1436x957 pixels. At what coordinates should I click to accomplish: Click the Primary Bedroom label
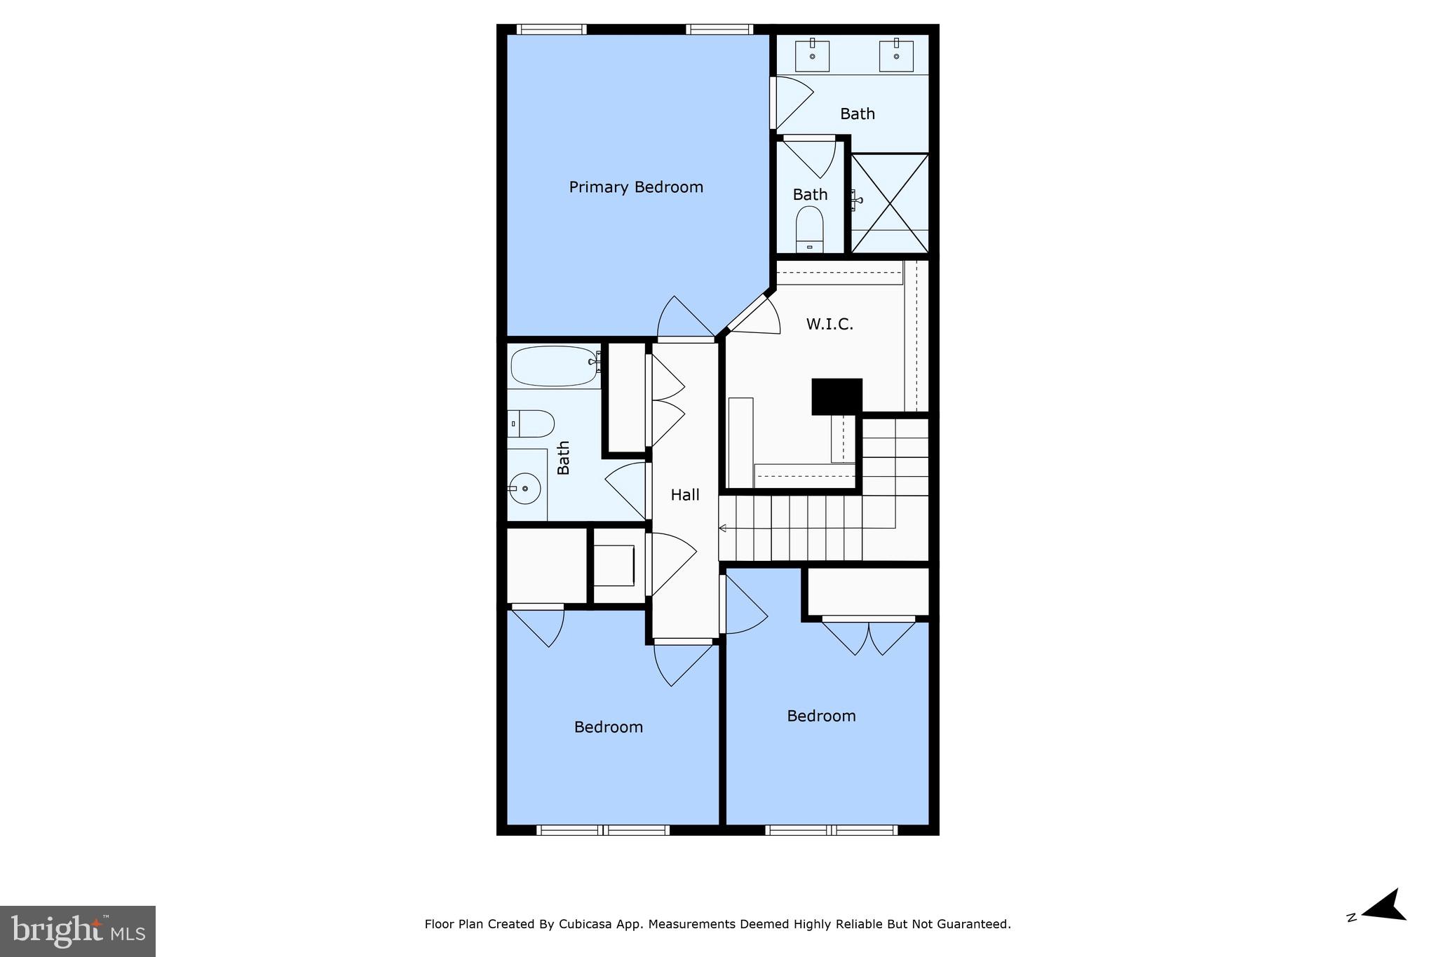636,187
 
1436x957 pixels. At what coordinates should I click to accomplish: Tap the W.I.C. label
829,324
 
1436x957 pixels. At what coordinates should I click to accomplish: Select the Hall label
685,495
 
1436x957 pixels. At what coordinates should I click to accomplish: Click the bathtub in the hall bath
554,366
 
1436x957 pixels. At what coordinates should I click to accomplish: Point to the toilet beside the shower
809,229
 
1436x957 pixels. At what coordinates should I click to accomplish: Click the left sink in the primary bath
813,55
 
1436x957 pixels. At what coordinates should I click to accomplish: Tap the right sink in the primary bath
896,55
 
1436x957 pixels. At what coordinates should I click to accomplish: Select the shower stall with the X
890,203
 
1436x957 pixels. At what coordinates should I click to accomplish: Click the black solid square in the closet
836,396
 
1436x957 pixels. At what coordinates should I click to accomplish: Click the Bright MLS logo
78,931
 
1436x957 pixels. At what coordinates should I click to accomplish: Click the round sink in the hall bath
524,488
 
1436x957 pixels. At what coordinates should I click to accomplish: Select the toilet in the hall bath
531,423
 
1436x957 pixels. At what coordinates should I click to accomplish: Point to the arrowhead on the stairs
722,528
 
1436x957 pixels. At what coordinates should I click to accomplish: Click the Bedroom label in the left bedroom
608,727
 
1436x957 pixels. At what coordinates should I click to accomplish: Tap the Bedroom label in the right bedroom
821,716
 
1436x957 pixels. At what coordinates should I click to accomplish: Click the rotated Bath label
563,458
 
